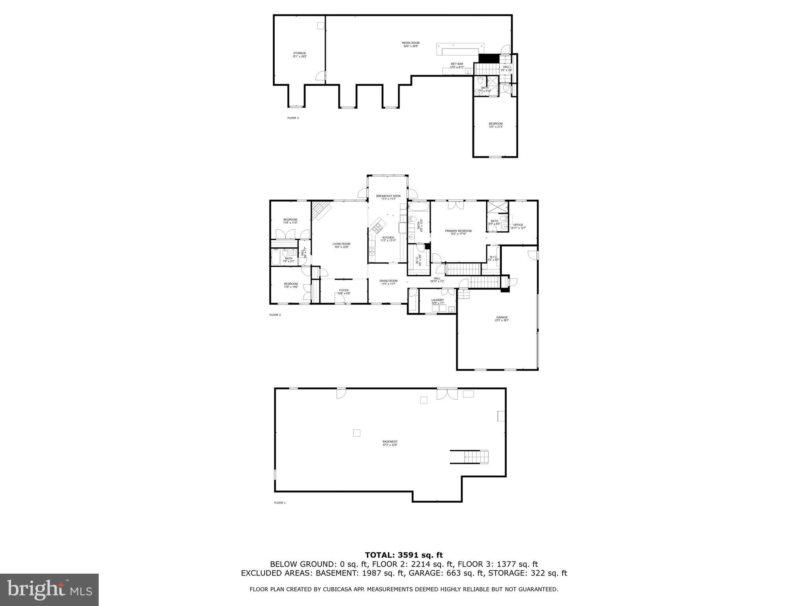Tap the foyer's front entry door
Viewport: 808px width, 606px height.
pyautogui.click(x=339, y=302)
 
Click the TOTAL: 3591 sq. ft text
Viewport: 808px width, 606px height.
pyautogui.click(x=404, y=555)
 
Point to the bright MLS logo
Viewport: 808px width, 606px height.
pyautogui.click(x=49, y=589)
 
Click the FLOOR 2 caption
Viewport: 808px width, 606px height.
pyautogui.click(x=275, y=315)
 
